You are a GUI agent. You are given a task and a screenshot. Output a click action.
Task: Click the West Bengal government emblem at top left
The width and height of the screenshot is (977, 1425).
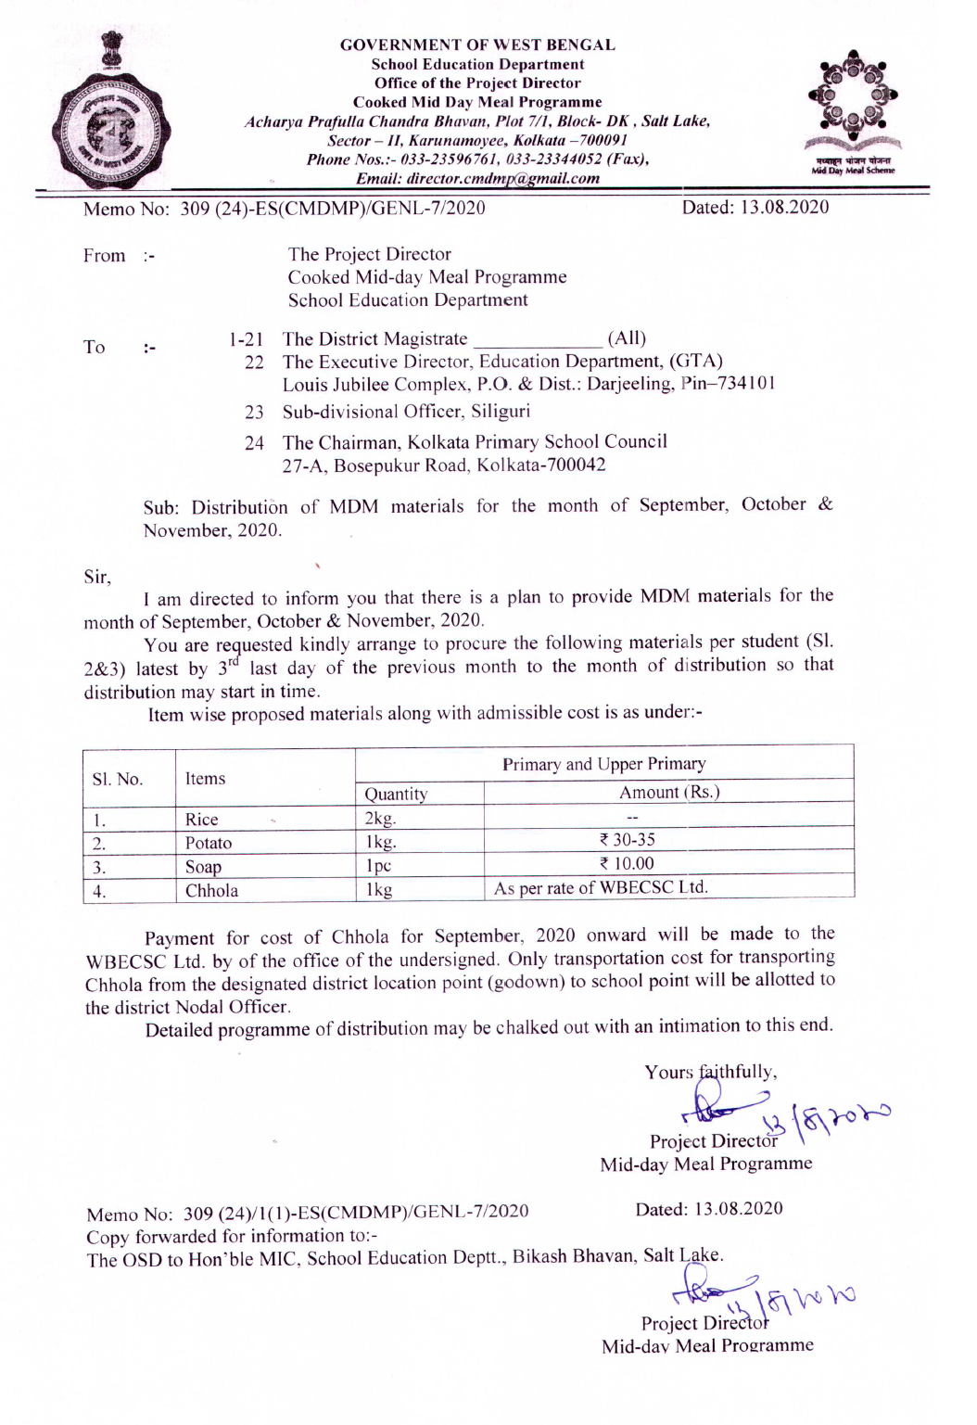(x=110, y=111)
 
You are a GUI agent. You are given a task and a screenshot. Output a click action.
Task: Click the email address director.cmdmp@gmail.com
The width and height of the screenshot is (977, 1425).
(x=477, y=178)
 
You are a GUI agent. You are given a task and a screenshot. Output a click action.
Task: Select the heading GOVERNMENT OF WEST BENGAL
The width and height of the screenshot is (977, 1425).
(x=477, y=45)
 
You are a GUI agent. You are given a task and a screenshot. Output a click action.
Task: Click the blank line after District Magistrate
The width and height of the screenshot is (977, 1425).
(x=537, y=339)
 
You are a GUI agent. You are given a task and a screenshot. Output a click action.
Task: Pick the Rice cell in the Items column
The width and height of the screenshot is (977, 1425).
(x=202, y=820)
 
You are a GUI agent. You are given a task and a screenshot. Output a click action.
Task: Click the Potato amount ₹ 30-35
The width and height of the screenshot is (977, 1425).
(x=628, y=840)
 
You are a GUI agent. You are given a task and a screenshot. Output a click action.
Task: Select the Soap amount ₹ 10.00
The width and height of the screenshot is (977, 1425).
(x=628, y=864)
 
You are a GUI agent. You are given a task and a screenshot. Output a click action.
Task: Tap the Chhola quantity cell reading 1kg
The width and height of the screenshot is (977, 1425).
(x=379, y=890)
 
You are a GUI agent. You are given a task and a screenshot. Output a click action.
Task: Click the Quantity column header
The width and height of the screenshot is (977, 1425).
(x=396, y=794)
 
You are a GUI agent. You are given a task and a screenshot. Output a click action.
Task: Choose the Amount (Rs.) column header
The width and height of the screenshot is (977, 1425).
(x=669, y=793)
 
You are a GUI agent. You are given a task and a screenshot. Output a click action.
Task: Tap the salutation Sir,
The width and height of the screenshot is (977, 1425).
(x=97, y=578)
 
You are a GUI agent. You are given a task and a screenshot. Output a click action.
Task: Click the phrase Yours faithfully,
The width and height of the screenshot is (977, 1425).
(x=711, y=1072)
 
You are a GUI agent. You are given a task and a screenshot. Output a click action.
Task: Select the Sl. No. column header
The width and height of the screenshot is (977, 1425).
(x=118, y=779)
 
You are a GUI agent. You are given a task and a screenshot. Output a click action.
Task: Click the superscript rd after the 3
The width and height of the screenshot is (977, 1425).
(x=233, y=662)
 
